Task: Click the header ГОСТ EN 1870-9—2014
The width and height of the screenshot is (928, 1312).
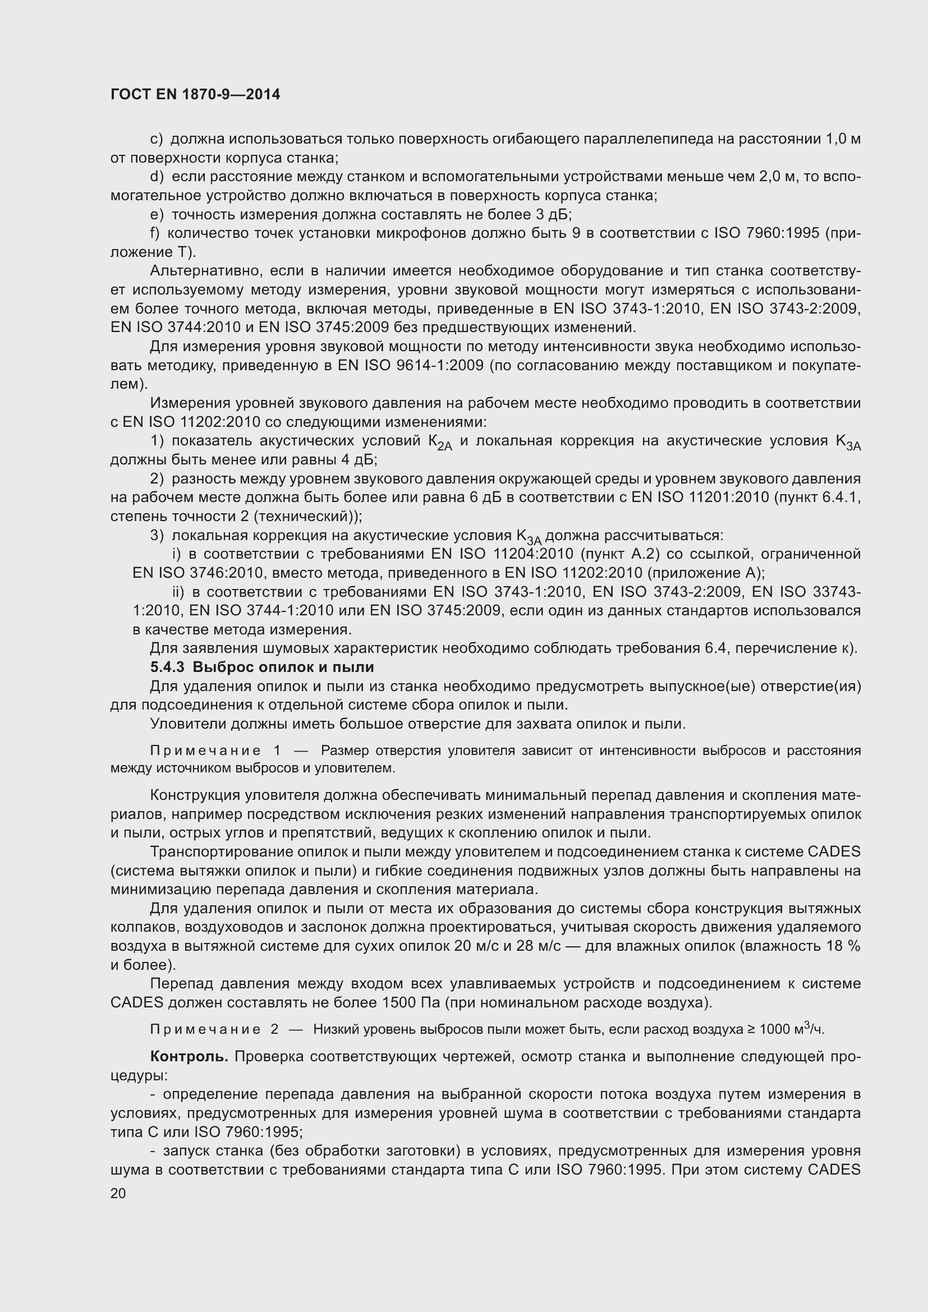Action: (195, 95)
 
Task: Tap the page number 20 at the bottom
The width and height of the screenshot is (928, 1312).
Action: (118, 1194)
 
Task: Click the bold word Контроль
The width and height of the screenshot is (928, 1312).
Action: (189, 1057)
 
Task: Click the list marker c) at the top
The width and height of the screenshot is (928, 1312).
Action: (156, 139)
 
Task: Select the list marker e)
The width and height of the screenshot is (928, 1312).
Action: (157, 215)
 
